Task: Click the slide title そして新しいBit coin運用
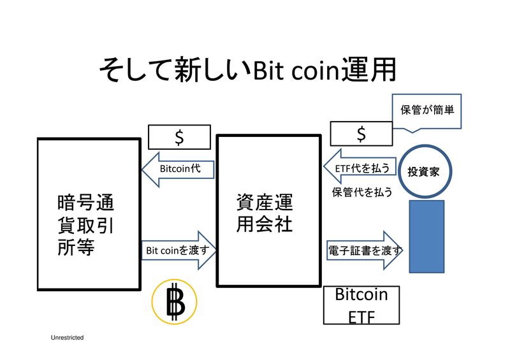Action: (x=247, y=70)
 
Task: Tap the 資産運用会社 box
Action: (x=268, y=211)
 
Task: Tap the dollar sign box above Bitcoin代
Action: (x=179, y=136)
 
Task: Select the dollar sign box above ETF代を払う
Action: (x=361, y=134)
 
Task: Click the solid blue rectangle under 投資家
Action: (x=426, y=236)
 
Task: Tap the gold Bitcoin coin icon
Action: (x=174, y=302)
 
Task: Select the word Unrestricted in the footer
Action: (x=68, y=337)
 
